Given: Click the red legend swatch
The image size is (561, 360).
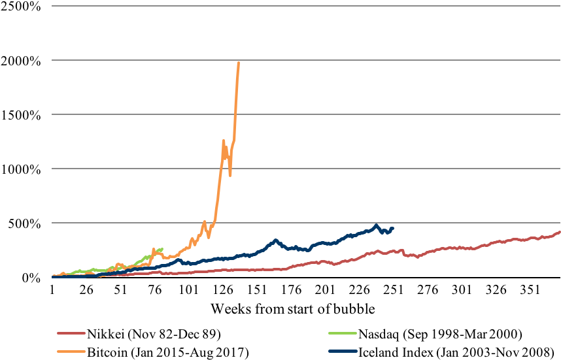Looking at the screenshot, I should click(x=71, y=333).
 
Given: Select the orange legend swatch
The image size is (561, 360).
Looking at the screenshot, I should click(x=71, y=352).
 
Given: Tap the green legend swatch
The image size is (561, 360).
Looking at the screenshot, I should click(x=343, y=333).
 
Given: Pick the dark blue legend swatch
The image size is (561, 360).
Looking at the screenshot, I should click(x=343, y=352).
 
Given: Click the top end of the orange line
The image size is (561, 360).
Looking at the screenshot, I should click(x=239, y=63).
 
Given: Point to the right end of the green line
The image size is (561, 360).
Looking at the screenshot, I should click(x=162, y=249).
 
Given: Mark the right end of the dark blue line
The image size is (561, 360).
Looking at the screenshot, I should click(x=393, y=227).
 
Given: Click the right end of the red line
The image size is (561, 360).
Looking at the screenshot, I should click(x=560, y=232).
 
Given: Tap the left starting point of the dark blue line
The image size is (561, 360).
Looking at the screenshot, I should click(x=53, y=276).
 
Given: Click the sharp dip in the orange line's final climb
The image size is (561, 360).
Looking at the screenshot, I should click(x=230, y=174).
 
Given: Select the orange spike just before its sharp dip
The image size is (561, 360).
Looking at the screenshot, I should click(x=224, y=140).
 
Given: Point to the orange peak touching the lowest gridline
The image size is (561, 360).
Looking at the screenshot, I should click(x=204, y=222).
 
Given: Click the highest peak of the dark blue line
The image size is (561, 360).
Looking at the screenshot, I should click(x=376, y=225).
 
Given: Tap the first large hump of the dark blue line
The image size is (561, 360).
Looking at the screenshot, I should click(x=275, y=240).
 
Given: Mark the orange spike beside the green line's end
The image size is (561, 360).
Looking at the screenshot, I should click(x=154, y=249).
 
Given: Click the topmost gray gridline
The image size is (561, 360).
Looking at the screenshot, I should click(x=306, y=6).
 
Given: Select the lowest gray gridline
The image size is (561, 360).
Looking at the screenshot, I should click(x=306, y=223).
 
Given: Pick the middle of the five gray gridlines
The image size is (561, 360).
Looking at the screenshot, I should click(x=306, y=114).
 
